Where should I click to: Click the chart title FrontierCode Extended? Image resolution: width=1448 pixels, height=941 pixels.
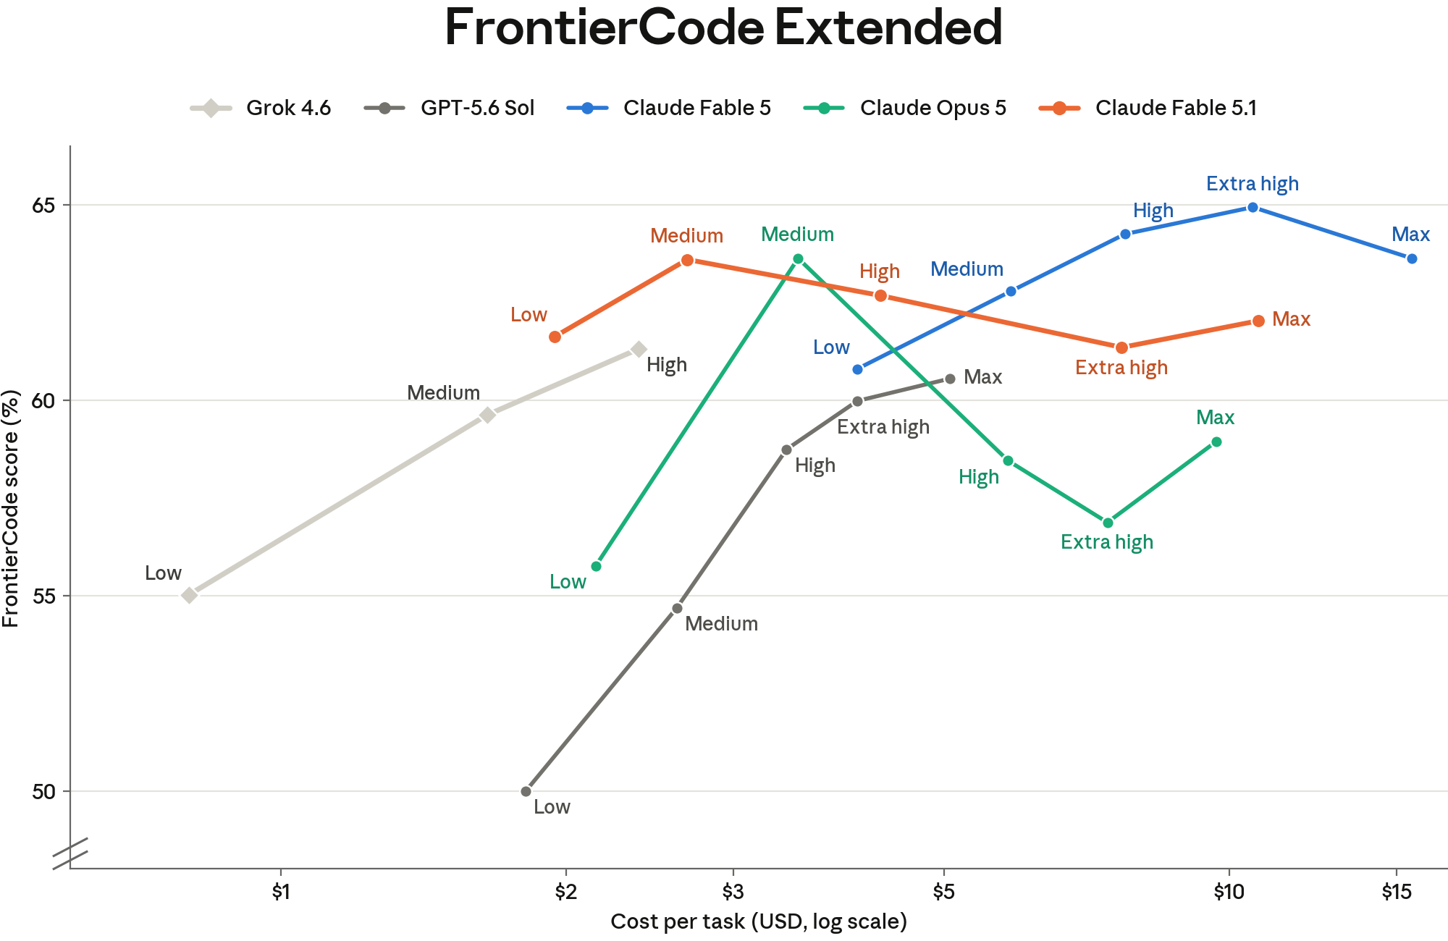pyautogui.click(x=723, y=28)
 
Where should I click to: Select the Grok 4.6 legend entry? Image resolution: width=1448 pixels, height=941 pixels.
pyautogui.click(x=261, y=108)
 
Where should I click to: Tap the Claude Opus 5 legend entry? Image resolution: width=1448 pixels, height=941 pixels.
pyautogui.click(x=905, y=108)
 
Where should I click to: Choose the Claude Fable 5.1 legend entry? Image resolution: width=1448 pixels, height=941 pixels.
pyautogui.click(x=1148, y=108)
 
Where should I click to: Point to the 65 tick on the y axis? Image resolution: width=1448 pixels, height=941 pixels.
pyautogui.click(x=43, y=206)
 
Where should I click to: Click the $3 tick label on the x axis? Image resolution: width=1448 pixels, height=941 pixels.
pyautogui.click(x=733, y=892)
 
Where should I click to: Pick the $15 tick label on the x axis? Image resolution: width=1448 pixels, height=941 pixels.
pyautogui.click(x=1397, y=892)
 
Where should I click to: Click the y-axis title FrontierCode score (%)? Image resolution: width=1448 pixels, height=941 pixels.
pyautogui.click(x=10, y=508)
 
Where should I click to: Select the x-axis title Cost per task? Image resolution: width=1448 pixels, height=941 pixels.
pyautogui.click(x=759, y=921)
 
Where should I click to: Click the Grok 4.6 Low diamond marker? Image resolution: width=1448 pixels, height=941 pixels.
pyautogui.click(x=189, y=595)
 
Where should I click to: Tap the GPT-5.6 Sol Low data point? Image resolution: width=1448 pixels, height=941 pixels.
pyautogui.click(x=526, y=792)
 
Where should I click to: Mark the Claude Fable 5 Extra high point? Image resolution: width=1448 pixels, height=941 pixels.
pyautogui.click(x=1253, y=208)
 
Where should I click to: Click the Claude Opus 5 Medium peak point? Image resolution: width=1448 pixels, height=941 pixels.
pyautogui.click(x=798, y=259)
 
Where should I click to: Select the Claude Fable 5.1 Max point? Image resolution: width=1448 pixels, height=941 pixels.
pyautogui.click(x=1258, y=321)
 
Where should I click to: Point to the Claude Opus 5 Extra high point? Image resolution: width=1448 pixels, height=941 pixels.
pyautogui.click(x=1108, y=523)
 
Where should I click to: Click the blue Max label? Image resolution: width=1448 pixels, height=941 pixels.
pyautogui.click(x=1410, y=235)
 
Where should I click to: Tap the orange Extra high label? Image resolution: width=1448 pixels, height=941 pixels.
pyautogui.click(x=1121, y=368)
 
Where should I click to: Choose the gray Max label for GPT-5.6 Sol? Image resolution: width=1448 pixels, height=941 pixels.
pyautogui.click(x=982, y=377)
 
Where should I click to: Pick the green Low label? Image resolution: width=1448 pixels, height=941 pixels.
pyautogui.click(x=568, y=582)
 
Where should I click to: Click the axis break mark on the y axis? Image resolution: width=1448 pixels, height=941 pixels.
pyautogui.click(x=70, y=853)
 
